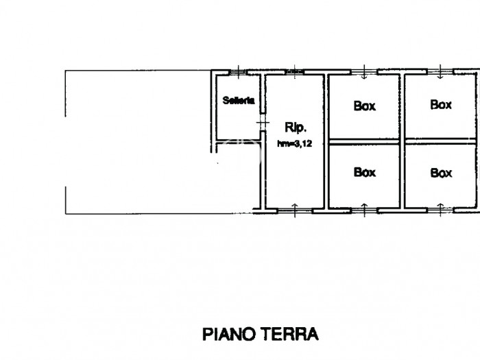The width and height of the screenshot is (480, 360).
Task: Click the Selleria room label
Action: coord(239,100)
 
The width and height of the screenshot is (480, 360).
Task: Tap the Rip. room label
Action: coord(296,127)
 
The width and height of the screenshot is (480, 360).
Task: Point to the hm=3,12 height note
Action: coord(294,143)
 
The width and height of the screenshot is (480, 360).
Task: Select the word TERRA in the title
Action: coord(289,334)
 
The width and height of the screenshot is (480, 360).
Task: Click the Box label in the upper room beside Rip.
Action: coord(364,106)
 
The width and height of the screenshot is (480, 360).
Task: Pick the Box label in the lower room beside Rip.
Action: coord(364,172)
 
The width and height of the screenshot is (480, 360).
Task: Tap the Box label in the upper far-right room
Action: coord(441,105)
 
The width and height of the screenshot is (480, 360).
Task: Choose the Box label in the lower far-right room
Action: coord(441,173)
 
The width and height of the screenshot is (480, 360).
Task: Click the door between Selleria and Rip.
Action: coord(263,123)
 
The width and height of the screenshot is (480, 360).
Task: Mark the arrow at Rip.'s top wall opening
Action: coord(294,72)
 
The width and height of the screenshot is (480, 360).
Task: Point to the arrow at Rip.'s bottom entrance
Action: coord(295,210)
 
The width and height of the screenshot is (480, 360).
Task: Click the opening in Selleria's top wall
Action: coord(239,72)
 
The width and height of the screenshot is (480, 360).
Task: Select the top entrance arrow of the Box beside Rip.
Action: coord(364,72)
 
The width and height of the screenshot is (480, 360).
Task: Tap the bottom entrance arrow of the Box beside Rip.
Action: coord(364,210)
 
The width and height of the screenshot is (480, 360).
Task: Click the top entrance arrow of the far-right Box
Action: coord(440,72)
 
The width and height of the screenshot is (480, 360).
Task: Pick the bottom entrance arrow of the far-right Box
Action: coord(440,210)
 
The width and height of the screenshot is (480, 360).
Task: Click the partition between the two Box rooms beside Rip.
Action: coord(364,141)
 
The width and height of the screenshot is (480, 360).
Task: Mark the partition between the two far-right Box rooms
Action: coord(441,141)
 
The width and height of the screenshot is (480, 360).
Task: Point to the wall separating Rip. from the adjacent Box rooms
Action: coord(326,141)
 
